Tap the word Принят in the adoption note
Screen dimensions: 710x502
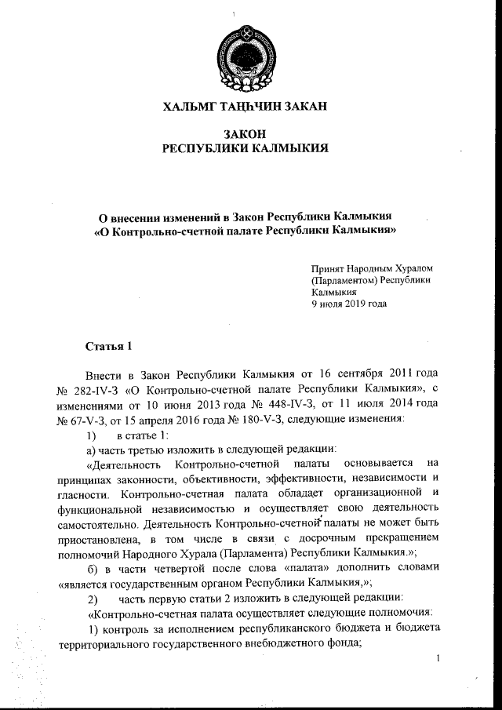(x=327, y=268)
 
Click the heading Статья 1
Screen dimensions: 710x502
(x=107, y=347)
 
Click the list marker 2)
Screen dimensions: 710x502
(x=91, y=596)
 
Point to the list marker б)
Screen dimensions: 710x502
(x=92, y=566)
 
